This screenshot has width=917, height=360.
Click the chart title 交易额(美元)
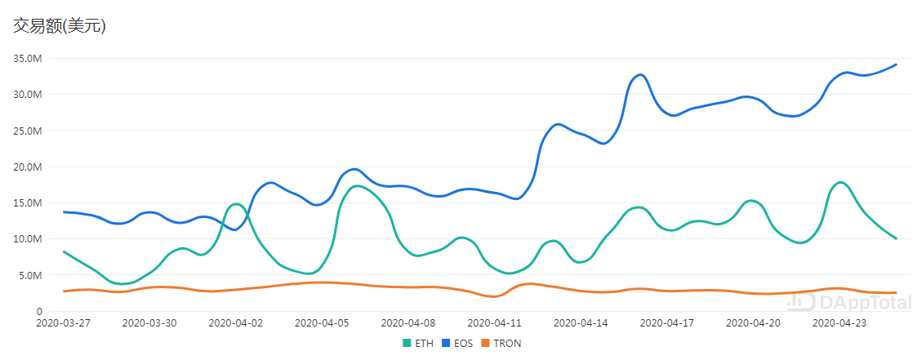point(60,26)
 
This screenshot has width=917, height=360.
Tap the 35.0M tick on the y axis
point(28,59)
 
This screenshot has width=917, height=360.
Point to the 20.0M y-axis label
point(28,167)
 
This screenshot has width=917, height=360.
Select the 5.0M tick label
point(30,276)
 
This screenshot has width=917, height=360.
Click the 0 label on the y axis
point(38,312)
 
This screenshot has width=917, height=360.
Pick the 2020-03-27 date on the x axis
point(65,323)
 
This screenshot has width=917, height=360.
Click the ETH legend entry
point(418,344)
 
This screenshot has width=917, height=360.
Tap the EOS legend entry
point(457,344)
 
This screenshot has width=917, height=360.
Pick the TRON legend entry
point(500,344)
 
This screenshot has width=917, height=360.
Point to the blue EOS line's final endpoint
point(897,64)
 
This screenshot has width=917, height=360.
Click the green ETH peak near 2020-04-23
point(840,182)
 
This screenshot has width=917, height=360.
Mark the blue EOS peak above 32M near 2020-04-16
point(640,74)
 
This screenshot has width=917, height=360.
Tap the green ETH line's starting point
point(64,251)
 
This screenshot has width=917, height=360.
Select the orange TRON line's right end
point(897,292)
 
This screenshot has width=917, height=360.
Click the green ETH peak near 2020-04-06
point(357,185)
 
